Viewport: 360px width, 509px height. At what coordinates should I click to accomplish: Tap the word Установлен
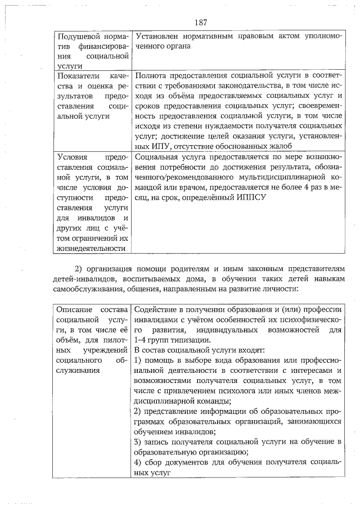[x=157, y=36]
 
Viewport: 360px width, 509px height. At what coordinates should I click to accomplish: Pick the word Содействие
[x=157, y=310]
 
